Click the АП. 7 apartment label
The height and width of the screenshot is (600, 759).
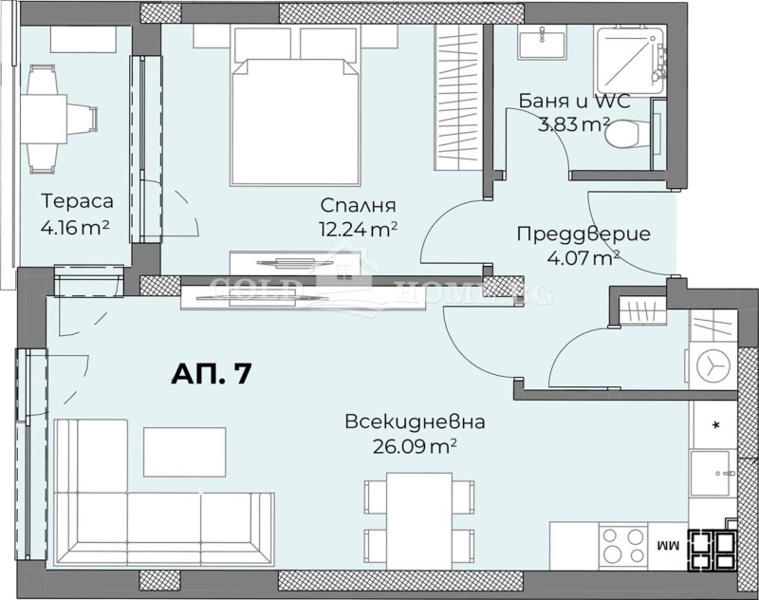[x=211, y=373]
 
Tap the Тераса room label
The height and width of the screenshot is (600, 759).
[x=78, y=201]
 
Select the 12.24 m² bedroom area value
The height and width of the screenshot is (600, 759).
[x=358, y=228]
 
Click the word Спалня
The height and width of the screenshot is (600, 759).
[x=358, y=205]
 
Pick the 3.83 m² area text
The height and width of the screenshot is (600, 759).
[x=575, y=123]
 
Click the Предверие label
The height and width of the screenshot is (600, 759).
[x=583, y=234]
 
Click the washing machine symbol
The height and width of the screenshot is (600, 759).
[x=713, y=365]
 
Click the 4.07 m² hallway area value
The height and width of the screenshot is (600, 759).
[x=583, y=256]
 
